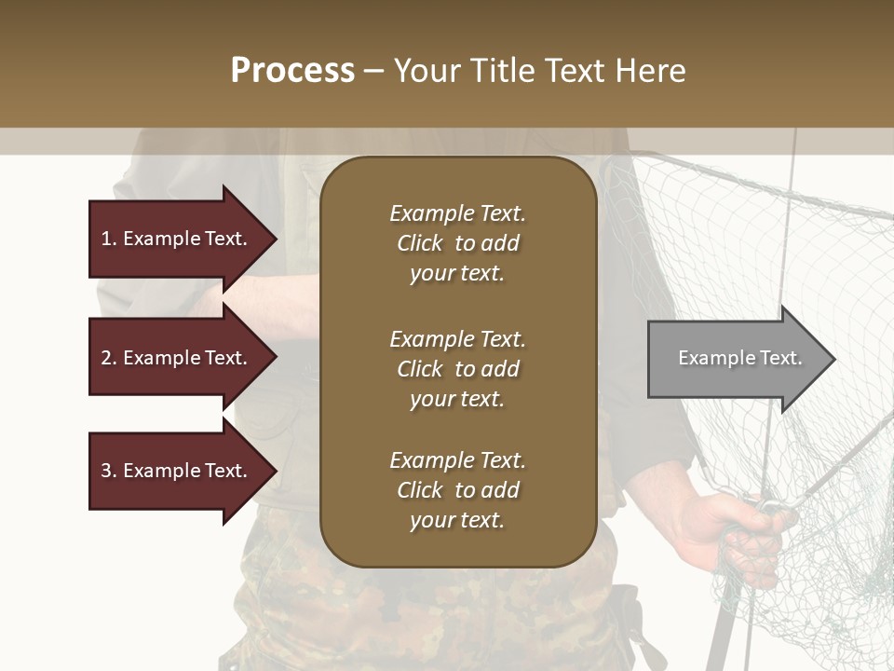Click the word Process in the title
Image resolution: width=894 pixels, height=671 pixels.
[292, 71]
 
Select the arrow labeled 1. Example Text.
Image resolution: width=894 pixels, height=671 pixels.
[177, 239]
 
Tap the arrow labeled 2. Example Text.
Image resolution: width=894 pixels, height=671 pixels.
[177, 358]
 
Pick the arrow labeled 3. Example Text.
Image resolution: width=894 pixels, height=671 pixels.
[177, 471]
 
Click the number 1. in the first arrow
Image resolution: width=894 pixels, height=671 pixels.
[108, 239]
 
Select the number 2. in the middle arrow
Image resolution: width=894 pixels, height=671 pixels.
[108, 358]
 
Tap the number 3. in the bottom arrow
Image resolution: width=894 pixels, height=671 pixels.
[108, 471]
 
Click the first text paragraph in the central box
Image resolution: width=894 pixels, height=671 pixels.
[457, 243]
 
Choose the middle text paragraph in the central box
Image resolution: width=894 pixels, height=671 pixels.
[457, 369]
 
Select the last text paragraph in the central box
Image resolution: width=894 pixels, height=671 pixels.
[457, 490]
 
